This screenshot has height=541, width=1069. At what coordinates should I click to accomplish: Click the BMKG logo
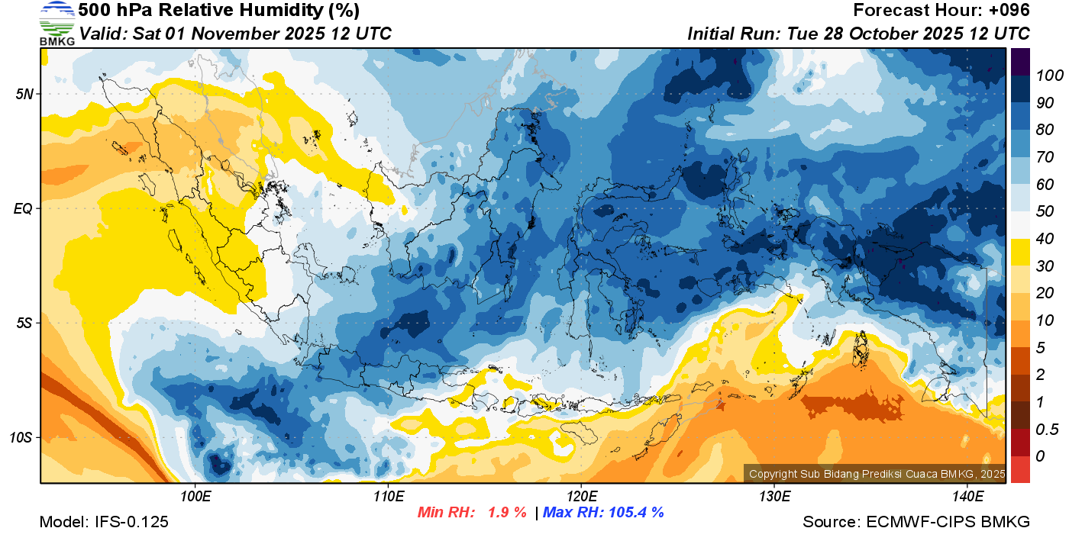pos(57,24)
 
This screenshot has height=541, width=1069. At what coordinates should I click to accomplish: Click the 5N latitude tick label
pos(24,94)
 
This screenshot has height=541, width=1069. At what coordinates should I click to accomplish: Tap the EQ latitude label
pos(24,208)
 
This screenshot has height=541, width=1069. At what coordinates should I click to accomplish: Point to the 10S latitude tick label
pos(21,437)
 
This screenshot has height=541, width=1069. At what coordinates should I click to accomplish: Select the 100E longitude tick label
pos(195,497)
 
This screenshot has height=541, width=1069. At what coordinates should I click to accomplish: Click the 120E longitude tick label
pos(581,497)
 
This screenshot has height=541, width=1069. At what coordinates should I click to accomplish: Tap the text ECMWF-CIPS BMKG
pos(948,522)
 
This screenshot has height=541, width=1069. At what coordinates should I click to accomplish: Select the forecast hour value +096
pos(1010,11)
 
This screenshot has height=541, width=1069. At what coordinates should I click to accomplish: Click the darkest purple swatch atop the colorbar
pos(1020,61)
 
